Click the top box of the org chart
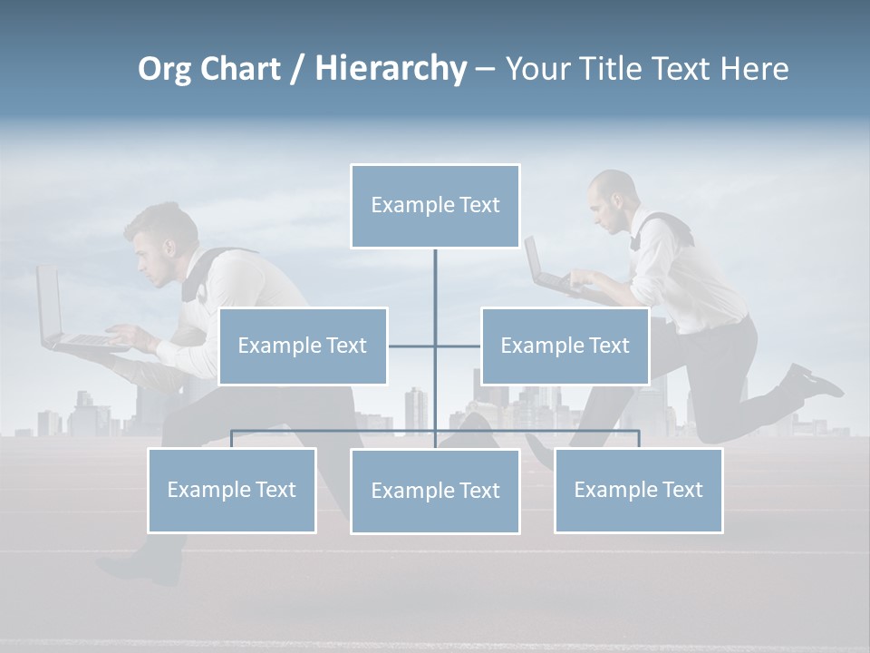(x=435, y=206)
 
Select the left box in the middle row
(x=303, y=346)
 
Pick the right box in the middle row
(x=565, y=346)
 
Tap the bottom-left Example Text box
(x=232, y=490)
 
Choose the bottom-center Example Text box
(x=435, y=491)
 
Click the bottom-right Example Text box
(x=639, y=490)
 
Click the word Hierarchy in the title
(x=391, y=68)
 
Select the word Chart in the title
(x=241, y=68)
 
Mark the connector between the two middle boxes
(x=435, y=346)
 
